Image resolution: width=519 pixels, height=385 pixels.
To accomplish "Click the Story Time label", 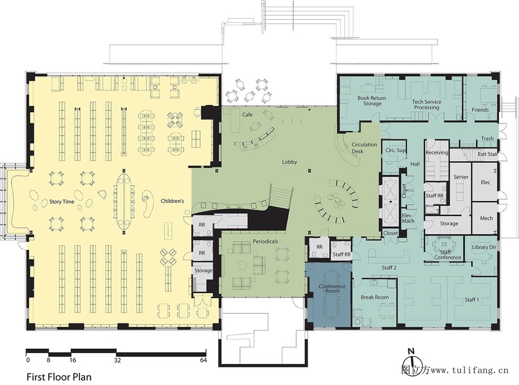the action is point(62,202).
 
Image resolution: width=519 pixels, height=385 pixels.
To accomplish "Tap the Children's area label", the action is point(172,201).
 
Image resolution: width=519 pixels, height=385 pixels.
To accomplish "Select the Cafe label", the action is point(247,114).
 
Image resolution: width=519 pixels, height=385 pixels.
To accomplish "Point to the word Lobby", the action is point(289,162).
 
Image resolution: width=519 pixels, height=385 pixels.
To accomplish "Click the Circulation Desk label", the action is point(364,148).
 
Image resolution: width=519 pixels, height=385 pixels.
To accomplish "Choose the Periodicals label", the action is point(265,241).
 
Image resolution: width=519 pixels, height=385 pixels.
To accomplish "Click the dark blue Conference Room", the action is point(328,294).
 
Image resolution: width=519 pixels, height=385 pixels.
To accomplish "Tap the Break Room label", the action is point(375,297).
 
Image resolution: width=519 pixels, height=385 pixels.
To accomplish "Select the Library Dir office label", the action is point(484,247).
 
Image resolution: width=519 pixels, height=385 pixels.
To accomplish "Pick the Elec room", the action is point(485,182).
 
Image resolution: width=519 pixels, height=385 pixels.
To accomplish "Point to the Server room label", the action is point(461,177).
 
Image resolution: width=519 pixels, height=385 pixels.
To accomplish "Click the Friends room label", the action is point(480,110).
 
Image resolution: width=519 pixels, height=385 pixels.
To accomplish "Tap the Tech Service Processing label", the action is point(427,104).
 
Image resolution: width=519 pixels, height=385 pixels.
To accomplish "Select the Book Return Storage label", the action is point(372,101).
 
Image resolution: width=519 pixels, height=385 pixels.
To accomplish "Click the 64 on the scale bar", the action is point(203,360).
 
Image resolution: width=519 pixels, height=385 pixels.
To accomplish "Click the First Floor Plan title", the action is point(59,377).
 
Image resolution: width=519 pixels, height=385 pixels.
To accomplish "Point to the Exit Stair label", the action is point(488,154).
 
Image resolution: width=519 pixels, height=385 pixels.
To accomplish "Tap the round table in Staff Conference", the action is point(444,246).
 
